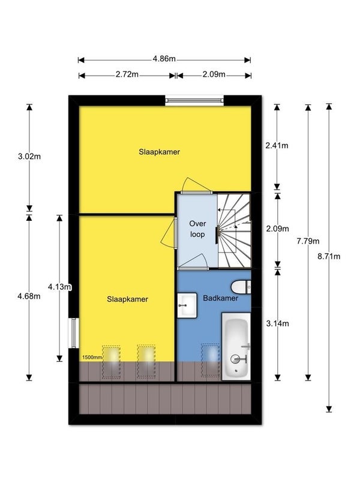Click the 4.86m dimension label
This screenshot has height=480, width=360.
tap(164, 59)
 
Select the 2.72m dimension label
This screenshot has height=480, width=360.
tap(127, 74)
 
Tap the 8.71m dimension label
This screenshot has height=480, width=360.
tap(329, 256)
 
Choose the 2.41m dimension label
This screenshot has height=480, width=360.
tap(277, 146)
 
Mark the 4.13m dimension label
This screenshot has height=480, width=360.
tap(60, 286)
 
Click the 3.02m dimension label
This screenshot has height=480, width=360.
tap(29, 157)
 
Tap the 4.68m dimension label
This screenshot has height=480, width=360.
tap(29, 296)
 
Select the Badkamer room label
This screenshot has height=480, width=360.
tap(220, 298)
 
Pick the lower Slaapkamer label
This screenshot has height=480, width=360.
tap(128, 299)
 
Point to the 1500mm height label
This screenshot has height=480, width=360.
tap(91, 357)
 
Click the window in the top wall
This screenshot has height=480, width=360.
tap(194, 100)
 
